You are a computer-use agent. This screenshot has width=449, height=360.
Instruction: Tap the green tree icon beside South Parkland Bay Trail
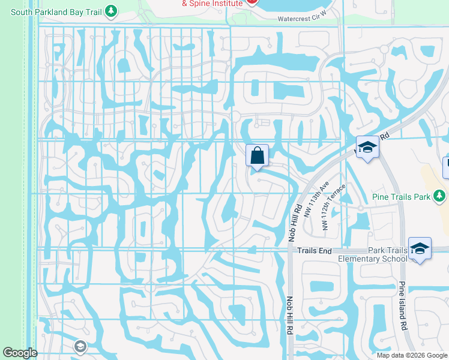[110, 11]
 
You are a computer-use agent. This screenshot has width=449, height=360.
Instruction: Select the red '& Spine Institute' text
[212, 3]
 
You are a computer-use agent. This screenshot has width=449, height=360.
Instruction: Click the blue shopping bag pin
[257, 155]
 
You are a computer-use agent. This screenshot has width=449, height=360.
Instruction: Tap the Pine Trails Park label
[406, 196]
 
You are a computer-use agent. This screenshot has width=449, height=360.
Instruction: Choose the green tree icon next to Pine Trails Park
[440, 196]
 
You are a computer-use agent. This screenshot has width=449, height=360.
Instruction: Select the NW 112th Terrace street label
[334, 207]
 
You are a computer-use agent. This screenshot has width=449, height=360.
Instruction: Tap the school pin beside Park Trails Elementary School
[420, 248]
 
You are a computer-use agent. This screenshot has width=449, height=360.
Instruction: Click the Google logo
[20, 353]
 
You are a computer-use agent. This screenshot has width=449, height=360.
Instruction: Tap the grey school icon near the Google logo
[80, 346]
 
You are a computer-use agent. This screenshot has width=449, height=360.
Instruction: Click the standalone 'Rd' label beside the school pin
[385, 136]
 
